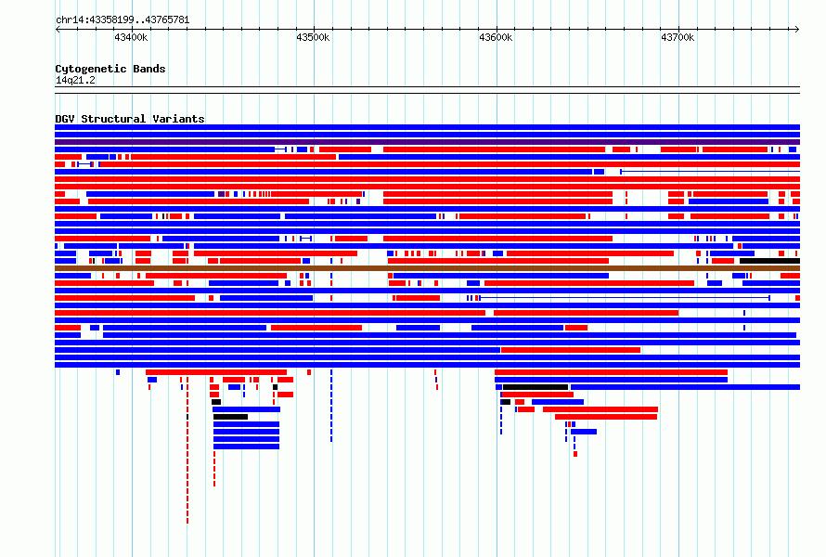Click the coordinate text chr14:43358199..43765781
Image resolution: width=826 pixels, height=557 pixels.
pos(123,20)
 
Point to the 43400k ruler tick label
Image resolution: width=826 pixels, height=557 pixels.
pos(131,37)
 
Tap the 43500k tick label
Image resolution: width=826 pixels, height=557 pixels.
pos(313,37)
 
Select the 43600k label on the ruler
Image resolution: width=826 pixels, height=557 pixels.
pos(496,37)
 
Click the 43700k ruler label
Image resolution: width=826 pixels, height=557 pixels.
pos(678,37)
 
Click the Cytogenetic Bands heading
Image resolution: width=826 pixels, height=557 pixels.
pos(110,69)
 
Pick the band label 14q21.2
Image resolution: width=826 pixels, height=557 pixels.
pos(75,80)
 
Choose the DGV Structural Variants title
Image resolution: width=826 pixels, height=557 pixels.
pos(130,119)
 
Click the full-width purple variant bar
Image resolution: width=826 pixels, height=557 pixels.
pos(427,142)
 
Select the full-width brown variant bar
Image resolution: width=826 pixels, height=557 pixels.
pos(427,268)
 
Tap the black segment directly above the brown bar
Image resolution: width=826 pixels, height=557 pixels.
pos(769,261)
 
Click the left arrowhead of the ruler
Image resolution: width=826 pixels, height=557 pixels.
pos(57,30)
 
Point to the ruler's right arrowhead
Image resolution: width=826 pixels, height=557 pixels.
pos(798,30)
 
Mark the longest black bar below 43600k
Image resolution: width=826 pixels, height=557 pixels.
pos(536,387)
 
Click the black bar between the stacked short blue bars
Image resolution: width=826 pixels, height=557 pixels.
pos(230,417)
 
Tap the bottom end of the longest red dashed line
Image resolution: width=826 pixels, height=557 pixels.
pos(187,523)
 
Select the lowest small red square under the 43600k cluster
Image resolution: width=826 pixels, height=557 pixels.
pos(575,454)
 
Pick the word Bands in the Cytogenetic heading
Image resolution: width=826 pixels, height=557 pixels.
pos(149,69)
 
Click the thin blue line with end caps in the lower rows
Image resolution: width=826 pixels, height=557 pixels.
pos(625,298)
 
